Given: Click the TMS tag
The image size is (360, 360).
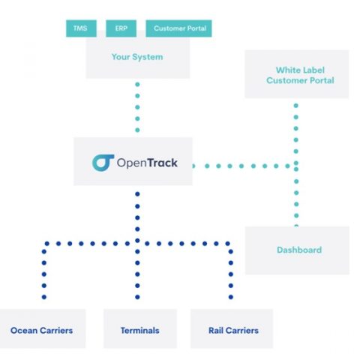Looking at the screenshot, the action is coord(81,28).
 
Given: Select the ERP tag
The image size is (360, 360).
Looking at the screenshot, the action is coord(121,28).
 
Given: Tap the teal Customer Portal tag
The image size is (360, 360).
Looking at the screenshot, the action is coord(178,28).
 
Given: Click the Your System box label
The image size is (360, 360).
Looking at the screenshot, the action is coord(137,57).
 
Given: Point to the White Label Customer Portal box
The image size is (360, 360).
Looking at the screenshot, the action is coord(297,74).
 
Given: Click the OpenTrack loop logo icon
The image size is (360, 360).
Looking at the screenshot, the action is coord(103,163).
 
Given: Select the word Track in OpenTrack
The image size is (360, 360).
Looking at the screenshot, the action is coord(162,163).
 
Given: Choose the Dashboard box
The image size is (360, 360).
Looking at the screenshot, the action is coord(297,250).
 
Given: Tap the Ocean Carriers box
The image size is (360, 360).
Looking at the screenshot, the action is coord(43,328).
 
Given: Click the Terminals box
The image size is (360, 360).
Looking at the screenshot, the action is coord(140,328).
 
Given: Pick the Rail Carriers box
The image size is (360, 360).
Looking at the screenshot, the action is coord(232,328).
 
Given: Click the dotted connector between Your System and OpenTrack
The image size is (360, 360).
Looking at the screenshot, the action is coord(137,107).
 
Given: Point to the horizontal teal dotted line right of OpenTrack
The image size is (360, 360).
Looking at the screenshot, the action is coord(241,166).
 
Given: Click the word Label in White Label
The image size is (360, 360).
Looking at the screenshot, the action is coord(312,70).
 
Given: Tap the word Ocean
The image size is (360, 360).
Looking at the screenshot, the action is coord(24,331).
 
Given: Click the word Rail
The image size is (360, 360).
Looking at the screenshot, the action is coord(216,331).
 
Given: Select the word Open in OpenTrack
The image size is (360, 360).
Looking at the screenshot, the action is coord(132,163).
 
